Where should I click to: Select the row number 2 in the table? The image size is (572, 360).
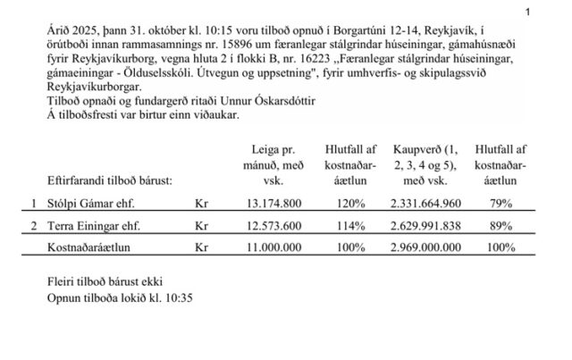35,227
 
